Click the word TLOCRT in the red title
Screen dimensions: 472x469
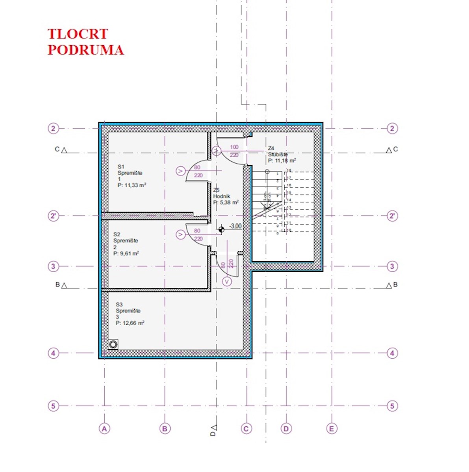click(78, 34)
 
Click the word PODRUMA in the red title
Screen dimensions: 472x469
click(85, 50)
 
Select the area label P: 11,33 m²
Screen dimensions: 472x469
click(132, 185)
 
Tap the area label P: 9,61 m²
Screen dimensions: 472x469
click(126, 254)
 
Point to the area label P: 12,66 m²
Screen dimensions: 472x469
click(130, 323)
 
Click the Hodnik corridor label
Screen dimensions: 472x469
click(222, 196)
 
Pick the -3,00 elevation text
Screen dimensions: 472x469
click(235, 226)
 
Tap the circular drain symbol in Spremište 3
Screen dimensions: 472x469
click(113, 345)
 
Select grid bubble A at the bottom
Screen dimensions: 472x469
click(104, 428)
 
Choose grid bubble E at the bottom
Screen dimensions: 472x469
click(332, 428)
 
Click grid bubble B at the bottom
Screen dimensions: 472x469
click(165, 428)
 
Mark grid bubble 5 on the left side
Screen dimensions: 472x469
click(53, 406)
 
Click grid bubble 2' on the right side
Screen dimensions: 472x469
click(392, 216)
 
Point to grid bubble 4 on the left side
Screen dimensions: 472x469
click(53, 353)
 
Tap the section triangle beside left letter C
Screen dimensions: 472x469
click(64, 150)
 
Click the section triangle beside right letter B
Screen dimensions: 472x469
click(389, 286)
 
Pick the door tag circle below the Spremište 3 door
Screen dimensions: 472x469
click(227, 281)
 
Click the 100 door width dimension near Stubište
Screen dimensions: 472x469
click(234, 147)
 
